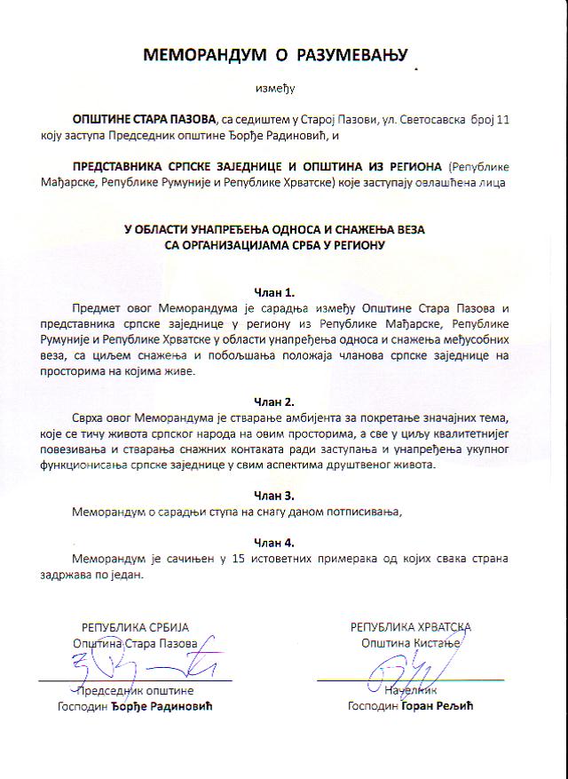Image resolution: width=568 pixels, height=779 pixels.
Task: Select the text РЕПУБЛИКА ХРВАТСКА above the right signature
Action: (411, 627)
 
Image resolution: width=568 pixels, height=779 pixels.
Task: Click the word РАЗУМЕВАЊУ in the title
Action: (346, 56)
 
